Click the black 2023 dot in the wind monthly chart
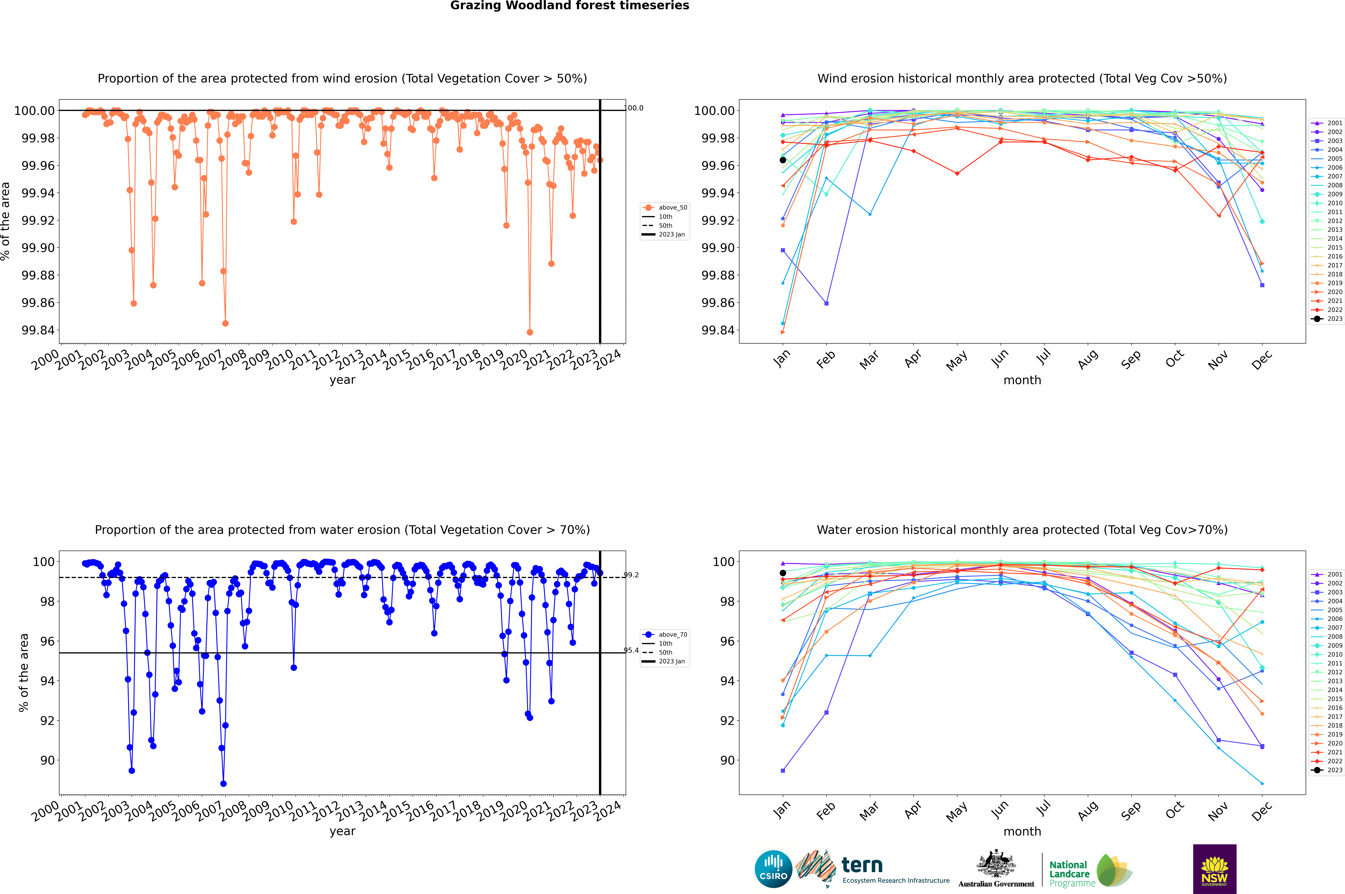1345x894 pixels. (783, 160)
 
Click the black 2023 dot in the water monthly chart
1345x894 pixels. (783, 573)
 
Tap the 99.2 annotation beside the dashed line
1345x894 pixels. (631, 575)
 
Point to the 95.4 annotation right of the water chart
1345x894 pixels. (631, 650)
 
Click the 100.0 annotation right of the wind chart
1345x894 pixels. (634, 108)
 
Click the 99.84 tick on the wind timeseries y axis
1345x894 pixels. (38, 330)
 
